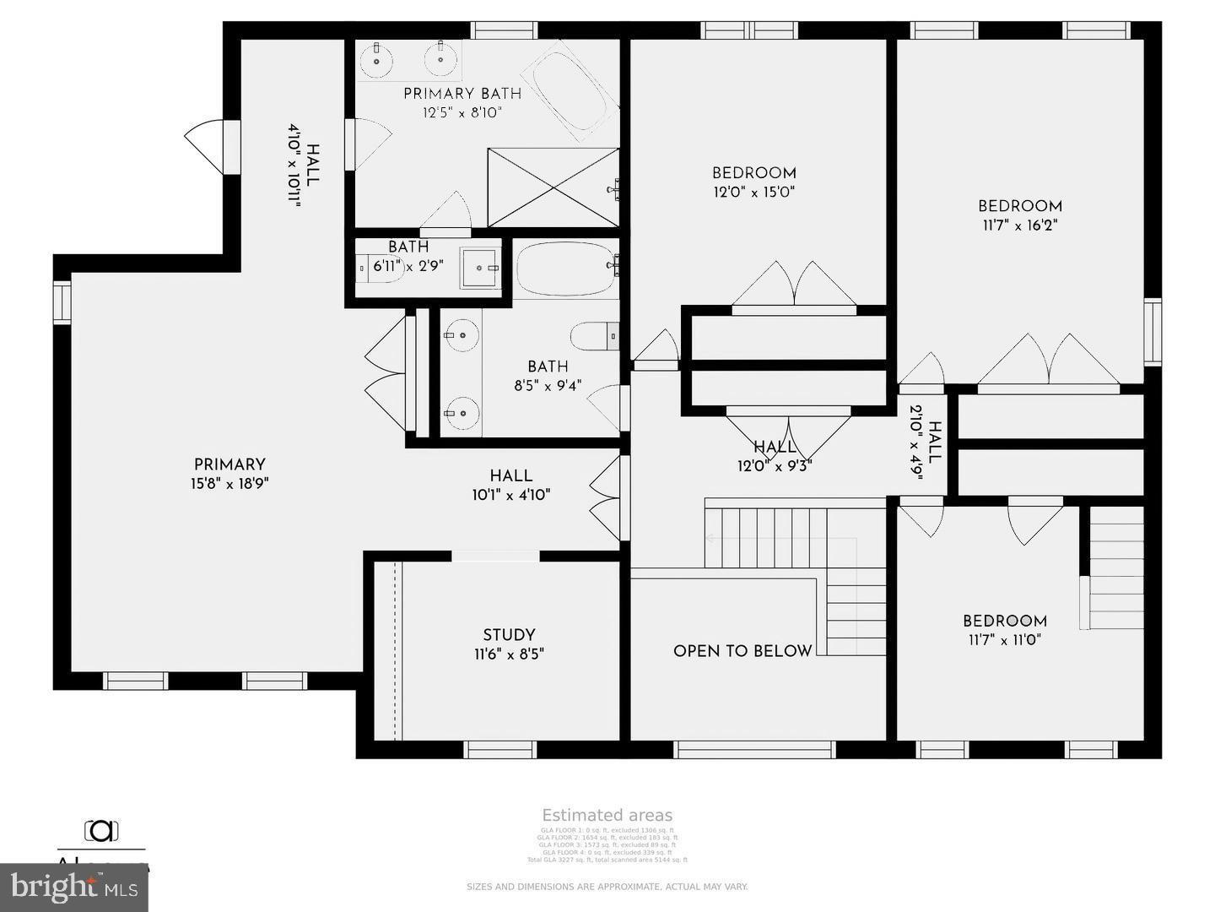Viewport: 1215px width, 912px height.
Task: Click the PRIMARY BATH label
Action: click(462, 94)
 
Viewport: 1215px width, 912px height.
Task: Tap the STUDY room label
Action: click(509, 635)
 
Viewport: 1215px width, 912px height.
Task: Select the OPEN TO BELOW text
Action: click(742, 651)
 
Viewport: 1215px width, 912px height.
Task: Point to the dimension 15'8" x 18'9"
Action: click(229, 484)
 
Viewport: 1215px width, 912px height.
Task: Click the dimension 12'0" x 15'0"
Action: click(754, 193)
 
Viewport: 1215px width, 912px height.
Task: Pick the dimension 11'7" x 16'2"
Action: click(1020, 225)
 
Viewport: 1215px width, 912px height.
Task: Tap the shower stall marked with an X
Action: click(553, 187)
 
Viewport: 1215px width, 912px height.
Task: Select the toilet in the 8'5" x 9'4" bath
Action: click(595, 337)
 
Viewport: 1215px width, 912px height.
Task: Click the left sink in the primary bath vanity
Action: click(375, 60)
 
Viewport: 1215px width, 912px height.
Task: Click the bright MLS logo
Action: click(74, 888)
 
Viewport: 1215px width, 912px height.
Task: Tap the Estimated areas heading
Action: click(607, 815)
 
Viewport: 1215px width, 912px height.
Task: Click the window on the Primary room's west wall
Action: click(62, 302)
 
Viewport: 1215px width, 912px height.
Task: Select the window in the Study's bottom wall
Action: click(500, 749)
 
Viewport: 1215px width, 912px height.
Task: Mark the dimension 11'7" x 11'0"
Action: click(1005, 640)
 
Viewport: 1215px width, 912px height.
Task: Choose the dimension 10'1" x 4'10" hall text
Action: click(511, 496)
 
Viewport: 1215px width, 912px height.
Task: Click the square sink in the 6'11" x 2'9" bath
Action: click(480, 269)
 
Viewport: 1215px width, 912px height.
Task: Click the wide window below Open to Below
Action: click(755, 749)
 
